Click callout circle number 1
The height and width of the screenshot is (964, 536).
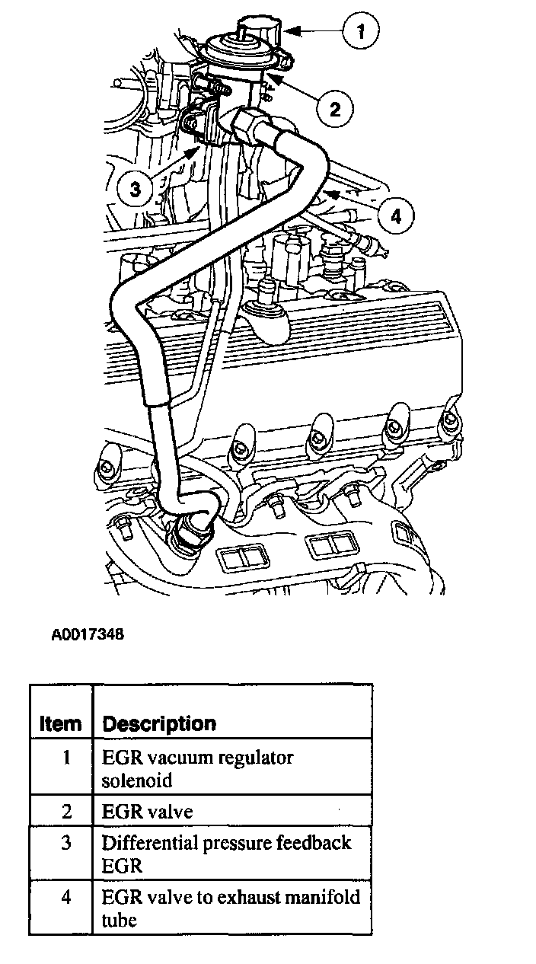click(x=361, y=31)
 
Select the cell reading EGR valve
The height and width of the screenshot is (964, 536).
click(x=148, y=812)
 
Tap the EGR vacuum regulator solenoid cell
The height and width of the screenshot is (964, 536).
click(x=197, y=769)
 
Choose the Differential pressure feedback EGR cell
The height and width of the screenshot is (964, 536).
click(x=226, y=854)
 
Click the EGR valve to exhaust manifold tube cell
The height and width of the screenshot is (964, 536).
click(x=231, y=908)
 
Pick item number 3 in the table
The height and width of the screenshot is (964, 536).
click(x=66, y=844)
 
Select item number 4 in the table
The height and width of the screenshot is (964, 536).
click(x=66, y=897)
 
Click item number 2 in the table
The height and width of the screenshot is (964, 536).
click(x=66, y=812)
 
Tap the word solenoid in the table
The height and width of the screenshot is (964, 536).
click(x=137, y=780)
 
